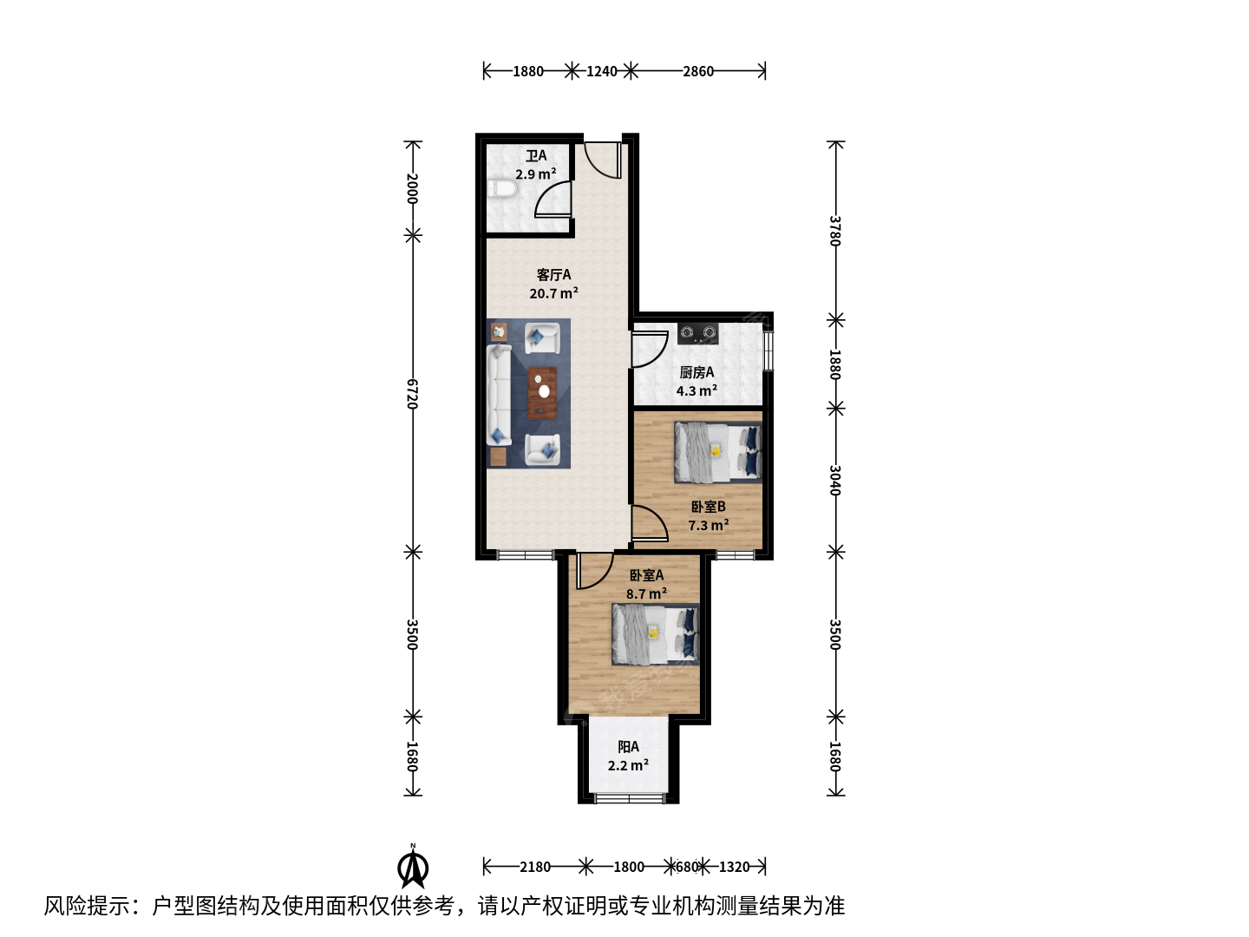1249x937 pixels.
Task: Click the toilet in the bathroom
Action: pos(502,189)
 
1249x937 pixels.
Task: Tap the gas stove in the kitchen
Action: pos(697,333)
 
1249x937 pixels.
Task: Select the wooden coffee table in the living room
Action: pos(542,393)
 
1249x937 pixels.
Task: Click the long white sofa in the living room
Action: pos(499,395)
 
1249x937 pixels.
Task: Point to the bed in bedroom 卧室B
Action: pos(718,452)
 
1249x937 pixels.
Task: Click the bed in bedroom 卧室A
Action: pos(656,634)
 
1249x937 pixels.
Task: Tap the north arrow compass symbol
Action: pos(413,868)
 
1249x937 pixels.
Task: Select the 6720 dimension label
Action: pos(413,394)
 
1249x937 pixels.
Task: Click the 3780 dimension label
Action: pos(834,231)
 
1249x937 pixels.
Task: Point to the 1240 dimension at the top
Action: pos(601,71)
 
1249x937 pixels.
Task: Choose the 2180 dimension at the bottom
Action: pos(535,867)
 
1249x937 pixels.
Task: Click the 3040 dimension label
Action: pos(834,480)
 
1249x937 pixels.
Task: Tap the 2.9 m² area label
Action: pos(535,174)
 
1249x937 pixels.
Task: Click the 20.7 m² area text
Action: pos(553,293)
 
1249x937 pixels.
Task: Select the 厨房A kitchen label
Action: pos(696,372)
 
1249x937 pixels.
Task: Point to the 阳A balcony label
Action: pos(628,746)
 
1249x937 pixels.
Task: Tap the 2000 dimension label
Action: pos(413,188)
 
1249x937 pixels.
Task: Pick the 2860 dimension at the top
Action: pos(698,71)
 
